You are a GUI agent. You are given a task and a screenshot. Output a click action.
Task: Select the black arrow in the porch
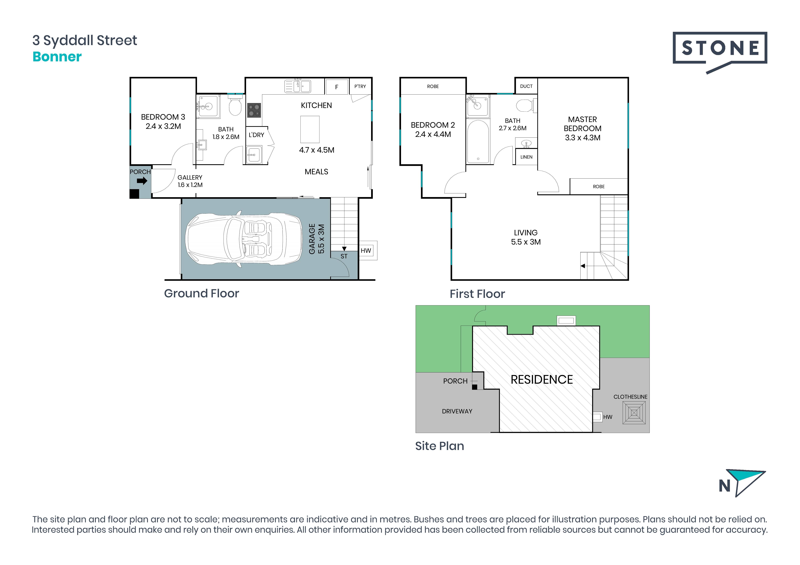coord(142,181)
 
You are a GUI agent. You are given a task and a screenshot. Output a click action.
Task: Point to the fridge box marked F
coord(337,87)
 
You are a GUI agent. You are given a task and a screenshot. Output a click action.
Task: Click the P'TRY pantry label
coord(360,86)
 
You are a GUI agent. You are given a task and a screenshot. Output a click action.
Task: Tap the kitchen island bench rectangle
coord(310,130)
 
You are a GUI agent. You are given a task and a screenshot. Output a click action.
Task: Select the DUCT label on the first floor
coord(526,86)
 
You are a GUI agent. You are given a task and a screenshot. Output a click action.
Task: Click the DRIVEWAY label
coord(457,411)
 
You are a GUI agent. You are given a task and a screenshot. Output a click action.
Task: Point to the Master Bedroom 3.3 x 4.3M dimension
coord(583,138)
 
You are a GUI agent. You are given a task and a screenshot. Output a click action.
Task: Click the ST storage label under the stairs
coord(344,256)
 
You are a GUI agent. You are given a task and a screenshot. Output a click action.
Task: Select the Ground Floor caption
coord(201,293)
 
